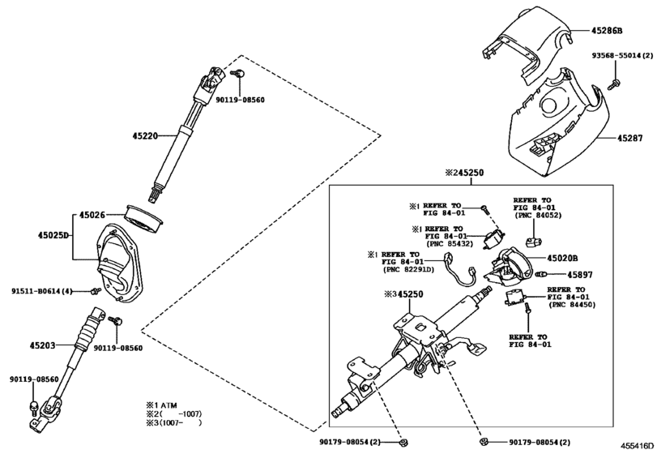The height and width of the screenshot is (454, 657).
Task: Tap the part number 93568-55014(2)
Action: (622, 56)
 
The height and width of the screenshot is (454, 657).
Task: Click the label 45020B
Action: (565, 258)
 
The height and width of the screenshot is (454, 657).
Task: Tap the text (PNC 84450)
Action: (573, 305)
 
